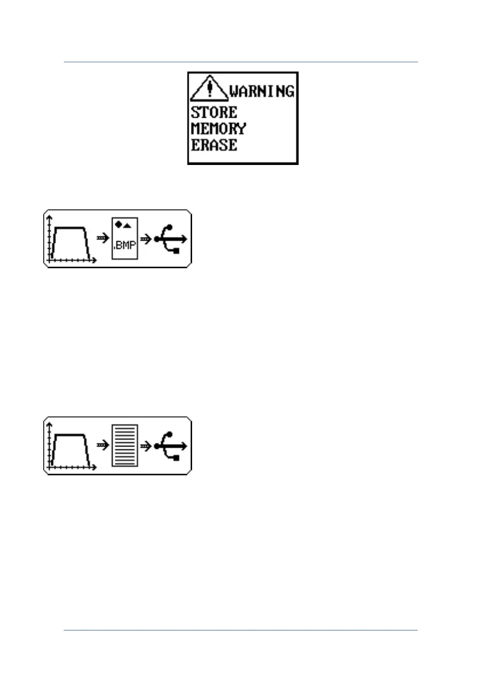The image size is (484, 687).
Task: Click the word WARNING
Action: pyautogui.click(x=262, y=91)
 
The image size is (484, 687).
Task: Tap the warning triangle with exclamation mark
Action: pyautogui.click(x=210, y=89)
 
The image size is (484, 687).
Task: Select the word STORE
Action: pyautogui.click(x=213, y=112)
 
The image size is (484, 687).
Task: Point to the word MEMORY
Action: pyautogui.click(x=218, y=128)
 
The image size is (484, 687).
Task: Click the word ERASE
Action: pyautogui.click(x=213, y=144)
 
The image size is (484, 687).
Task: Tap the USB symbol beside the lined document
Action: pyautogui.click(x=171, y=446)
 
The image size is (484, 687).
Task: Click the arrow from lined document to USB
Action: pyautogui.click(x=147, y=446)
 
